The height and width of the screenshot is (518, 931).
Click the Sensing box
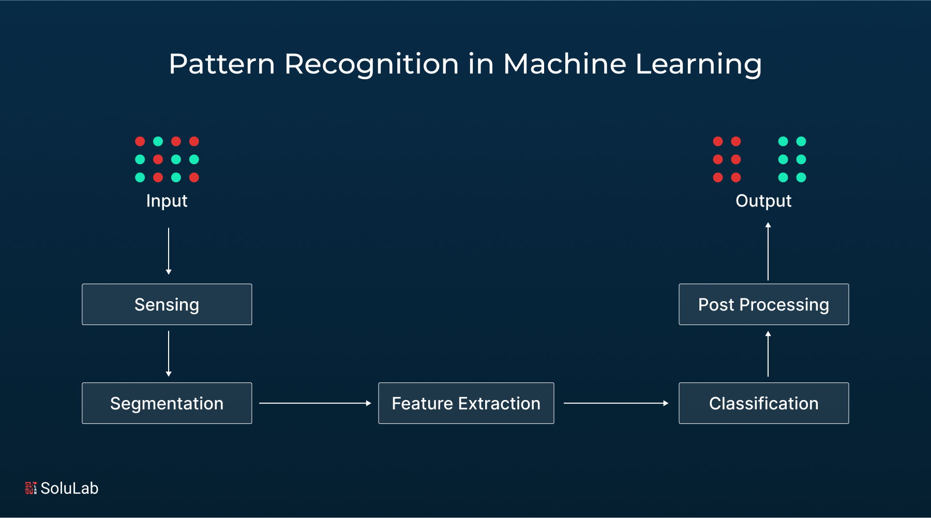(x=167, y=304)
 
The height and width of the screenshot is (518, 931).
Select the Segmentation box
(x=167, y=403)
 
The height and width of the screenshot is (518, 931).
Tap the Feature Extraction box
(x=466, y=403)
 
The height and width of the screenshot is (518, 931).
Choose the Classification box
(x=763, y=403)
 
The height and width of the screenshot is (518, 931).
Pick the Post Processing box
(x=763, y=304)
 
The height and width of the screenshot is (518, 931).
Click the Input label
(x=167, y=201)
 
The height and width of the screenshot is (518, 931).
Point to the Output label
(x=763, y=201)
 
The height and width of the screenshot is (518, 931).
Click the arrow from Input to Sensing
(x=169, y=251)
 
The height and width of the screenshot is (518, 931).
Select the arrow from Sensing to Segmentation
(x=169, y=353)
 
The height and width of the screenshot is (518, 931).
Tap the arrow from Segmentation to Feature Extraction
(x=315, y=403)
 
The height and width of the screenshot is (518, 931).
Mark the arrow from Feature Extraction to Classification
(x=615, y=403)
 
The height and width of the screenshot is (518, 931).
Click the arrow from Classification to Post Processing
(x=768, y=354)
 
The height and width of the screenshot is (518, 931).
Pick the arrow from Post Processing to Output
(x=768, y=251)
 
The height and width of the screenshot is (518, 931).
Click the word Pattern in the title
(x=222, y=64)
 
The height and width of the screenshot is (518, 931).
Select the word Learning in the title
(x=698, y=65)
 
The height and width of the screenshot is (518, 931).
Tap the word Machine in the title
(x=565, y=64)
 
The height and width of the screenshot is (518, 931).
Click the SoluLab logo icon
(x=31, y=488)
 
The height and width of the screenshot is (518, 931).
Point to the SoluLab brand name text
(x=69, y=488)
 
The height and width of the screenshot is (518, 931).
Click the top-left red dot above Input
(x=140, y=141)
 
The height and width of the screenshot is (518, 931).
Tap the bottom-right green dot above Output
(x=801, y=177)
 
